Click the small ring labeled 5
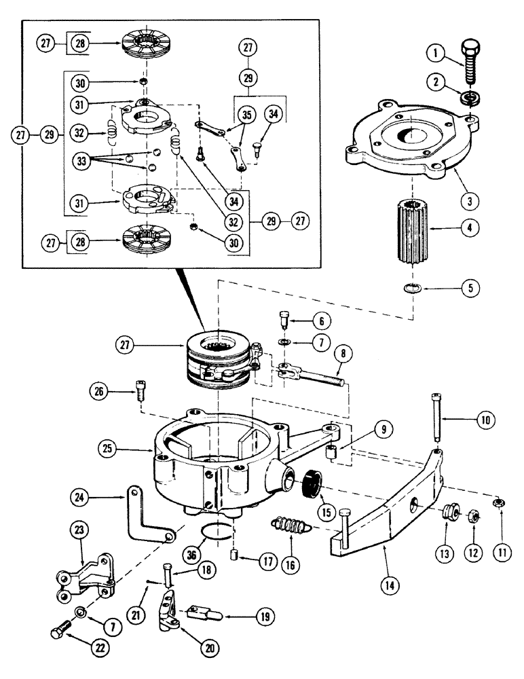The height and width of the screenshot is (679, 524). [409, 289]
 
